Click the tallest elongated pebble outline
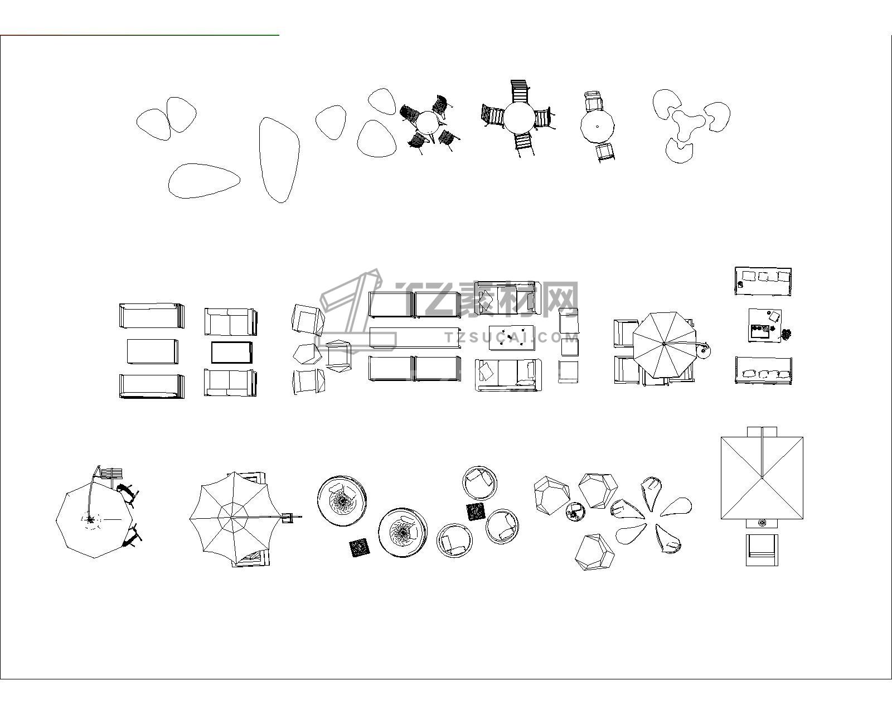(x=279, y=160)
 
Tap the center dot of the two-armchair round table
(x=597, y=127)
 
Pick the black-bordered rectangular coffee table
(x=231, y=352)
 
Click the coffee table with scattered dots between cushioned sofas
(x=511, y=338)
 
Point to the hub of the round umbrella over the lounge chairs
(x=663, y=344)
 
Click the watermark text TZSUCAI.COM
(x=511, y=337)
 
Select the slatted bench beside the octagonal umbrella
(x=111, y=473)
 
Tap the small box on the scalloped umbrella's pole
(x=287, y=517)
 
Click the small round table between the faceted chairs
(x=574, y=511)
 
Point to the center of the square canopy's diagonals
(x=762, y=478)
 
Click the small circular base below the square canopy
(x=761, y=522)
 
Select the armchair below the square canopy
(x=762, y=549)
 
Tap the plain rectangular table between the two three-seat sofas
(x=152, y=351)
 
